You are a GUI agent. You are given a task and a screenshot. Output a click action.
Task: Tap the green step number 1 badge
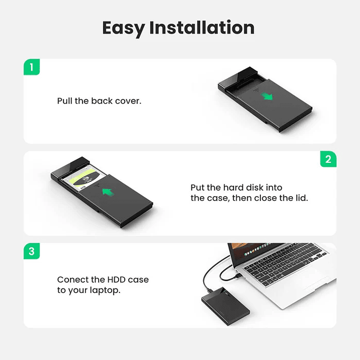pos(32,67)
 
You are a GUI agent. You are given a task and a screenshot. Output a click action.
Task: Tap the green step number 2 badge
pos(328,159)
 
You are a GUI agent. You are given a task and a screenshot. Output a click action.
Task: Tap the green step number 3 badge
pos(32,251)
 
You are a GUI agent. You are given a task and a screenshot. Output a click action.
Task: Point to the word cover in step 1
pos(129,101)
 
